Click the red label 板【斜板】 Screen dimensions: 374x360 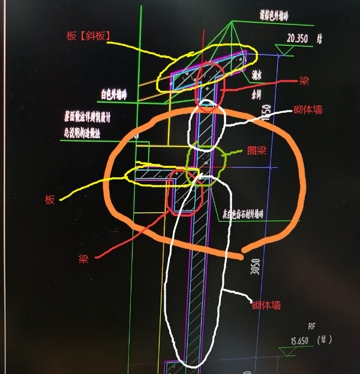(x=88, y=36)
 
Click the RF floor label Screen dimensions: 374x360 (x=311, y=327)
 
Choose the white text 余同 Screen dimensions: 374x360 (x=256, y=94)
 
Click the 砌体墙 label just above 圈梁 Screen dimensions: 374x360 (x=308, y=110)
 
